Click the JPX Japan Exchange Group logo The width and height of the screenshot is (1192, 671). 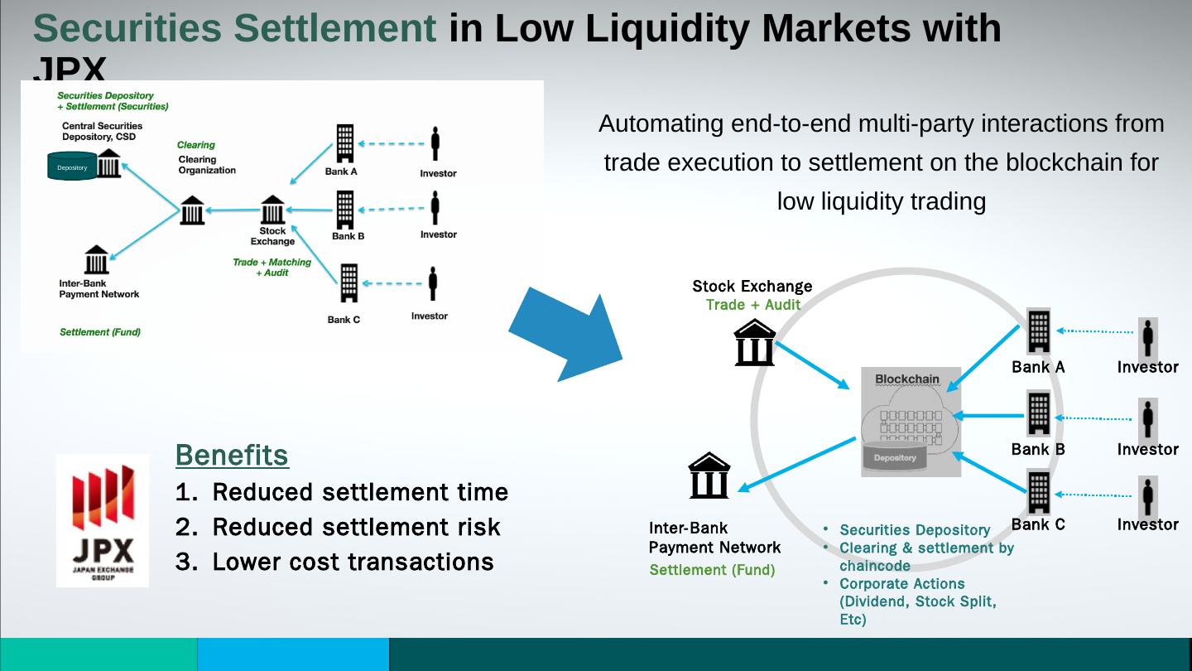point(103,520)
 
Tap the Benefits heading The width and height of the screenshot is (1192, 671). point(232,455)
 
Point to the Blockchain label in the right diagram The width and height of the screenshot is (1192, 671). point(907,379)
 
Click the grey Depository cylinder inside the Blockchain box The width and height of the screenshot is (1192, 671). point(895,457)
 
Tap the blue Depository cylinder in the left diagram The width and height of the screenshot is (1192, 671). point(72,167)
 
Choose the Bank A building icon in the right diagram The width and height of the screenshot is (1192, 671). point(1038,331)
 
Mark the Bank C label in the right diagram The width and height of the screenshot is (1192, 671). point(1038,524)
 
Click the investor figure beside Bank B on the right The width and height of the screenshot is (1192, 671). point(1147,419)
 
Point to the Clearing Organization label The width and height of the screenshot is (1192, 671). point(207,165)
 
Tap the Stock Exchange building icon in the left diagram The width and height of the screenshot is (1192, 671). point(272,210)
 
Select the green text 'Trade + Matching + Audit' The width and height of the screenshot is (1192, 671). point(272,267)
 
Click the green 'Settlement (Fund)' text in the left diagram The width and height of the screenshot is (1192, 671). point(100,332)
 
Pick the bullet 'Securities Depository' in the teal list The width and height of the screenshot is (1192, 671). point(915,530)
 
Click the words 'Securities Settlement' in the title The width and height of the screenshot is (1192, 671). point(234,28)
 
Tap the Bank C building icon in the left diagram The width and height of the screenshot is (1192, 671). point(348,282)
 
